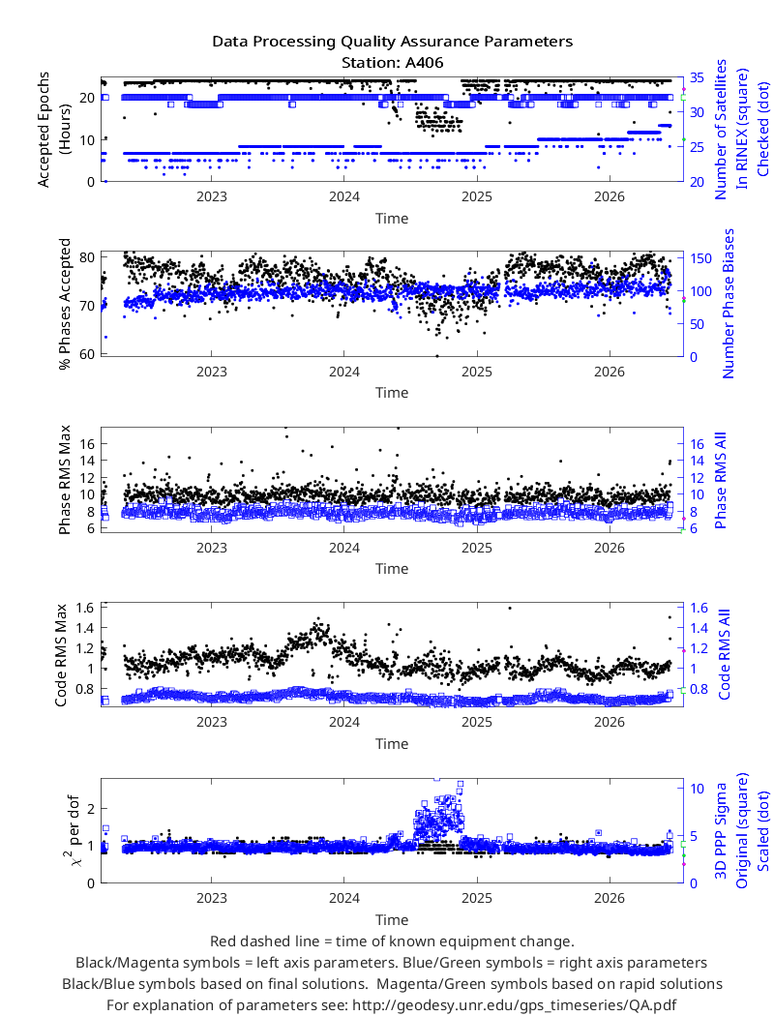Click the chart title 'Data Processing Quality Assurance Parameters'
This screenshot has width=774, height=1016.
coord(392,42)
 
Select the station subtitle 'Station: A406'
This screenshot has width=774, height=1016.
coord(392,63)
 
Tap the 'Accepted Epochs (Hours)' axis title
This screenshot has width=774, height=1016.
coord(53,130)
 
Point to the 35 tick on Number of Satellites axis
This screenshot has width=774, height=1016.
coord(697,77)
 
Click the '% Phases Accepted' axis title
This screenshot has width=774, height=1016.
coord(64,304)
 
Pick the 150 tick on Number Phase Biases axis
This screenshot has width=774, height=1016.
coord(700,258)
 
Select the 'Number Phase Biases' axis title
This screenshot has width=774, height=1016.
coord(729,303)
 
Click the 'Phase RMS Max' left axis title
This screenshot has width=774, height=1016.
coord(64,480)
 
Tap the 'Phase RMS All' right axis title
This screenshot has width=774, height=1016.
coord(720,480)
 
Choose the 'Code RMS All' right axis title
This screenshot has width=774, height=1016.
coord(724,654)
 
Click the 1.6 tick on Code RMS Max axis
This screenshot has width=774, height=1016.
coord(85,608)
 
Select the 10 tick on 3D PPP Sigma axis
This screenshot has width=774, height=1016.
coord(697,789)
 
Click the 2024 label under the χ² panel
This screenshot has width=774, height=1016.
coord(343,898)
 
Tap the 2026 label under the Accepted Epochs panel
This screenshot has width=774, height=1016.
coord(610,197)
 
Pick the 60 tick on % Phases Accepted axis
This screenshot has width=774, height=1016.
coord(87,354)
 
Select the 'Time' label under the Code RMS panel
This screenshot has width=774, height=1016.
coord(392,744)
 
